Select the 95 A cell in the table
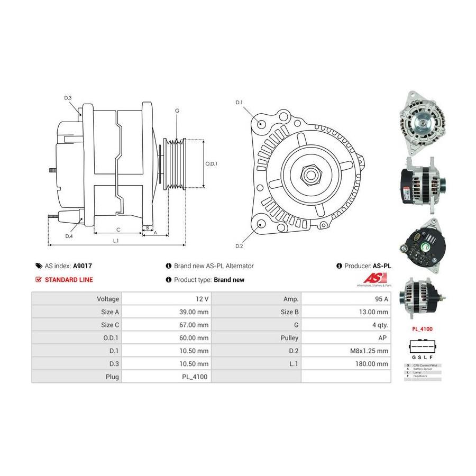pos(381,299)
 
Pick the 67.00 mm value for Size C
pos(195,325)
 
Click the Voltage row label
pos(108,299)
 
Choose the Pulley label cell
pos(291,337)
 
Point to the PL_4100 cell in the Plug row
pos(197,377)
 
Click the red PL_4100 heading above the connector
pos(422,329)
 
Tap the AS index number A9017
pos(83,266)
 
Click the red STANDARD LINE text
pos(69,280)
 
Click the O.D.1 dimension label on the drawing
pos(212,163)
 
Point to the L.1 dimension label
pos(116,241)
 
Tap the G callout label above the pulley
pos(177,111)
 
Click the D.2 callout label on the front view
pos(239,246)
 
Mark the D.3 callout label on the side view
pos(68,98)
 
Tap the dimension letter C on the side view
pos(118,229)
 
